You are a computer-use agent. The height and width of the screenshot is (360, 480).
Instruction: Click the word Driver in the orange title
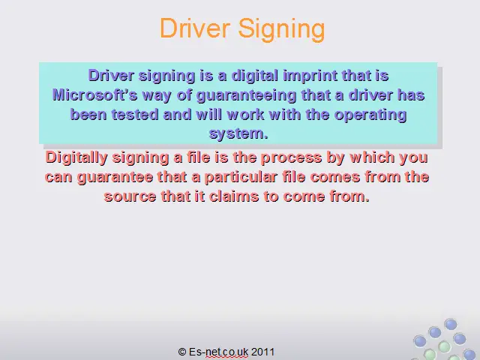click(195, 28)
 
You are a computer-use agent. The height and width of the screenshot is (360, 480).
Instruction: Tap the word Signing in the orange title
click(281, 29)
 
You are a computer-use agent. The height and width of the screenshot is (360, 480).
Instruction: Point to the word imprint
click(310, 76)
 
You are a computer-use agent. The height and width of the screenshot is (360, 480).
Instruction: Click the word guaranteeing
click(246, 96)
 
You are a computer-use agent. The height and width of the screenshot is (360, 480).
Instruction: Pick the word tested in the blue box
click(135, 115)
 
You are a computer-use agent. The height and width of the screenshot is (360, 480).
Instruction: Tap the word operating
click(370, 115)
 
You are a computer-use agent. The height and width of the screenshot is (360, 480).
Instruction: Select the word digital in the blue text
click(255, 76)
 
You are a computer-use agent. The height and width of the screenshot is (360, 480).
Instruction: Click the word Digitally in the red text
click(76, 158)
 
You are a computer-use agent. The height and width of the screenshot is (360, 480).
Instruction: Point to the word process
click(291, 158)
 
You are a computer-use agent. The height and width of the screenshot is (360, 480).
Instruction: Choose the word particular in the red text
click(241, 178)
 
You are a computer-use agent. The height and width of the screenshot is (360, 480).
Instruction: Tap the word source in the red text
click(130, 196)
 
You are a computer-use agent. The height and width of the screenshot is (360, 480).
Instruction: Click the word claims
click(234, 196)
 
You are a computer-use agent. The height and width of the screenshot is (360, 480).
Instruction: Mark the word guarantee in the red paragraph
click(115, 178)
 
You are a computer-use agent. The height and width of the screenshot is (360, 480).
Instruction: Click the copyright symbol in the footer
click(182, 352)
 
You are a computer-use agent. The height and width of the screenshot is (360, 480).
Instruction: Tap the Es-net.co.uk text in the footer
click(218, 352)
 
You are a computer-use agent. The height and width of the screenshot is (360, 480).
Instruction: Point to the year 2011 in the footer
click(262, 352)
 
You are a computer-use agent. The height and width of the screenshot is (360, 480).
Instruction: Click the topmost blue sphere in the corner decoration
click(451, 324)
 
